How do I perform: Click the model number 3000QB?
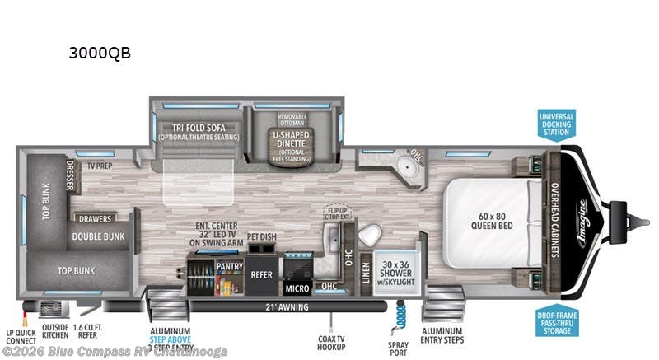point(100,54)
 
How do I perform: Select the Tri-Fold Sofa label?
point(194,131)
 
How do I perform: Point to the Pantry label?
point(228,267)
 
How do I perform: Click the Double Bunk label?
point(97,236)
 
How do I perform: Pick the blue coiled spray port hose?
point(401,317)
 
